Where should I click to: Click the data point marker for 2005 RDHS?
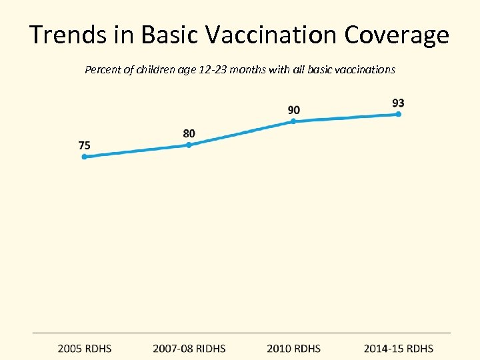[84, 157]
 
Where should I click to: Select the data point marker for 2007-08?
[189, 145]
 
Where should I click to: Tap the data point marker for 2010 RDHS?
[293, 121]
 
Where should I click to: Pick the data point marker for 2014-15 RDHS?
[398, 114]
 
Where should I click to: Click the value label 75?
[85, 145]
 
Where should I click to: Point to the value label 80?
[189, 133]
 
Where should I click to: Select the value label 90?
[293, 109]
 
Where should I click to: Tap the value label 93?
[398, 103]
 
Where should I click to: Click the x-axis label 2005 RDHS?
[85, 349]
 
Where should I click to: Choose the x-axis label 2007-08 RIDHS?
[189, 349]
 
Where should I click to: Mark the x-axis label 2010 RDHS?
[293, 349]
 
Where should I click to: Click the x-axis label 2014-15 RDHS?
[398, 349]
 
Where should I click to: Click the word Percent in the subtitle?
[102, 69]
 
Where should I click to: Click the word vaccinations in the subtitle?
[366, 69]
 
